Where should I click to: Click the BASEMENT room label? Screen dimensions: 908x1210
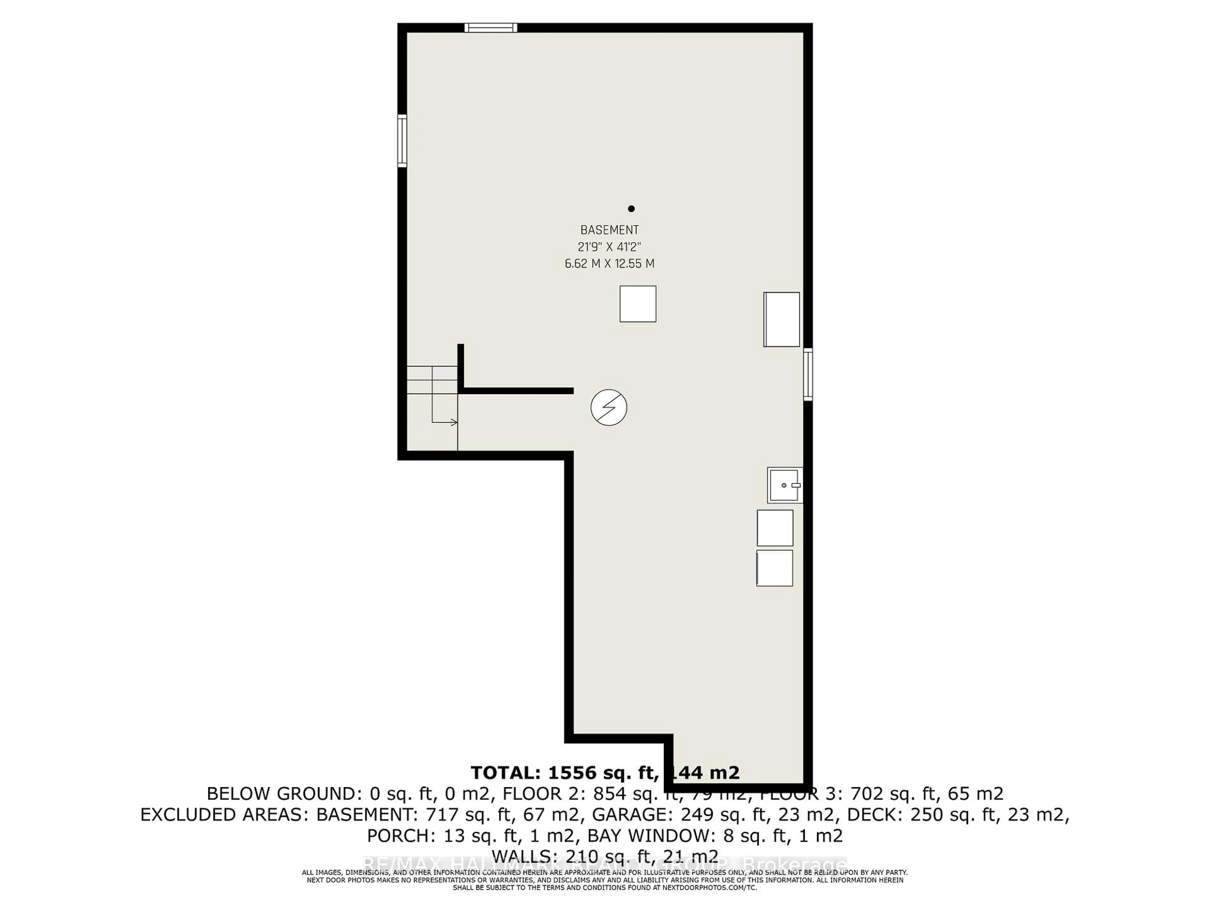[x=609, y=230]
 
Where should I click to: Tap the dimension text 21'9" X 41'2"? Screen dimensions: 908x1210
[x=609, y=247]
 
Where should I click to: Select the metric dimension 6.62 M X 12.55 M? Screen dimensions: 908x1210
[x=609, y=263]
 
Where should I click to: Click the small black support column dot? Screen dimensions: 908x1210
[x=631, y=208]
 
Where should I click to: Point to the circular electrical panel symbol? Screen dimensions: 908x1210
[x=609, y=407]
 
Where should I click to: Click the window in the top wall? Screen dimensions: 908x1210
[x=491, y=27]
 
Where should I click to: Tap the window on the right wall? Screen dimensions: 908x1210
[x=808, y=374]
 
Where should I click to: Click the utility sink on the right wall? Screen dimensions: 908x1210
[x=784, y=485]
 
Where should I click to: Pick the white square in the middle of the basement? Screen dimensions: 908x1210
[x=638, y=304]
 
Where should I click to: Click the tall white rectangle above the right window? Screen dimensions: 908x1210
[x=782, y=319]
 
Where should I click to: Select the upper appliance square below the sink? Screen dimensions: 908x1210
[x=775, y=527]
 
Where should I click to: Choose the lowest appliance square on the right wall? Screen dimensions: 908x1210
[x=775, y=568]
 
